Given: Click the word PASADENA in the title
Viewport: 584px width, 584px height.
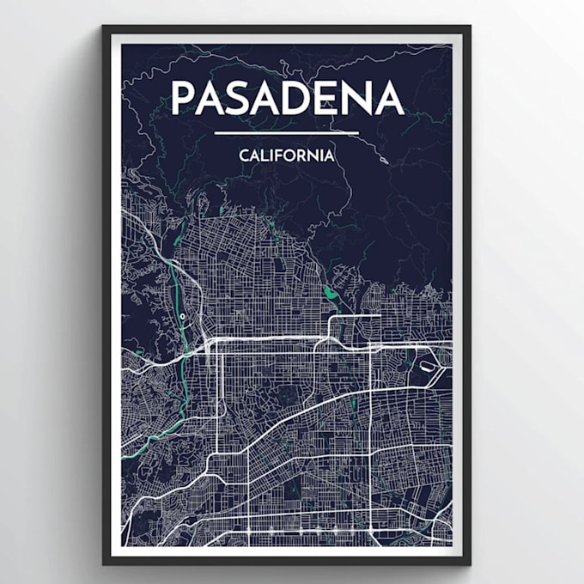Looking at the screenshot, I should click(x=287, y=98).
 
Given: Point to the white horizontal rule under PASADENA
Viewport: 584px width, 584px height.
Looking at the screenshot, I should click(x=286, y=133).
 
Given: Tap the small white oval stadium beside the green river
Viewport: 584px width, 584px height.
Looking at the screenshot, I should click(x=183, y=317).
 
